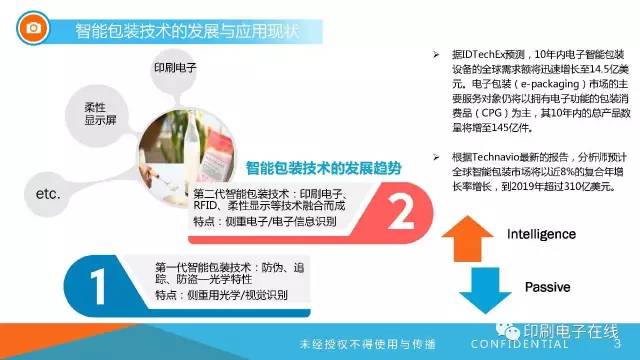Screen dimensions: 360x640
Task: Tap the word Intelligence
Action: tap(541, 234)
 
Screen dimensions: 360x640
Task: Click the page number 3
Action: tap(616, 344)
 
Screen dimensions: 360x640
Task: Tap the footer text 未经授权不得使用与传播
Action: tap(369, 344)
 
